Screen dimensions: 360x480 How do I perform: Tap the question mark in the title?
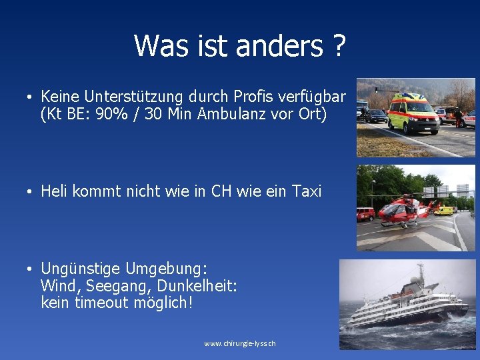(339, 46)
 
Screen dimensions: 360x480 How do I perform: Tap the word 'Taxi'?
(307, 192)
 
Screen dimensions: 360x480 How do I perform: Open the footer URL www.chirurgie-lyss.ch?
(240, 344)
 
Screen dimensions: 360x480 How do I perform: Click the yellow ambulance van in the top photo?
(413, 113)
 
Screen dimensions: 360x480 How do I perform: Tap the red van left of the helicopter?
(365, 214)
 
